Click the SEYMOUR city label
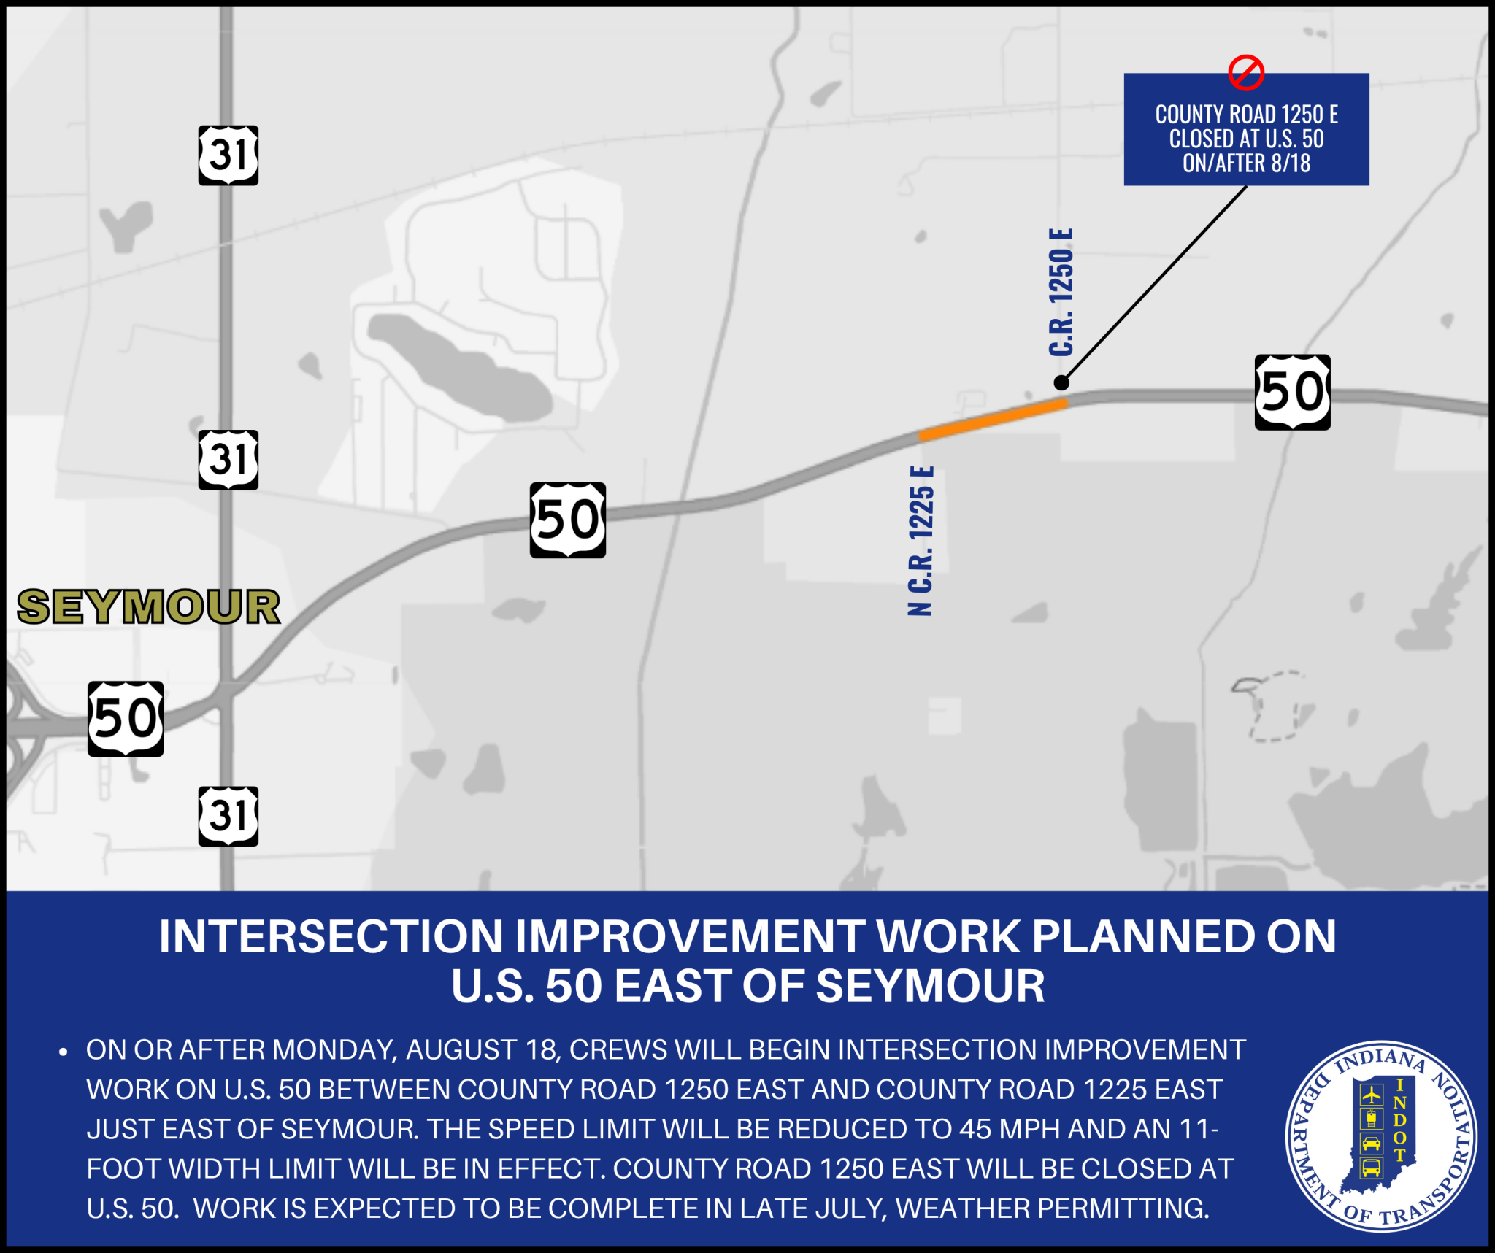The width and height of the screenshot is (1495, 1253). (149, 607)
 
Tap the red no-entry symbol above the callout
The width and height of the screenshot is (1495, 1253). (1246, 72)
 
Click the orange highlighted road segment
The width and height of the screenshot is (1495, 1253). (994, 419)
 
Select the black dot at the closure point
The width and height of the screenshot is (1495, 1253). (1061, 382)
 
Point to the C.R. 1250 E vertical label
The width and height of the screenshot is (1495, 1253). (1061, 292)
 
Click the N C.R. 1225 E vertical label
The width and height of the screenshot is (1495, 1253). (921, 541)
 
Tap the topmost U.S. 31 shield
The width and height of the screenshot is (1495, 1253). (228, 155)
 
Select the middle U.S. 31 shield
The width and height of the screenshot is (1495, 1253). (228, 460)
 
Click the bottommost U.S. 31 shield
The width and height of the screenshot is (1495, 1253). (228, 816)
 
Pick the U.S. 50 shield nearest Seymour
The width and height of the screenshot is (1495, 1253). (126, 719)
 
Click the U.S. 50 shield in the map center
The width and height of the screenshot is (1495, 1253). (568, 520)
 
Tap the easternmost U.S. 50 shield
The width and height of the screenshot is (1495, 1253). (1293, 392)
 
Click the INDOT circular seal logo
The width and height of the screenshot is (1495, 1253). (1381, 1136)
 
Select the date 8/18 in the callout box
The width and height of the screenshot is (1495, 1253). (1291, 163)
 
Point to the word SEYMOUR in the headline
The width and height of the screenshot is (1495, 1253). (930, 986)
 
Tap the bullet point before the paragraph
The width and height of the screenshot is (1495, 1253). (64, 1052)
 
